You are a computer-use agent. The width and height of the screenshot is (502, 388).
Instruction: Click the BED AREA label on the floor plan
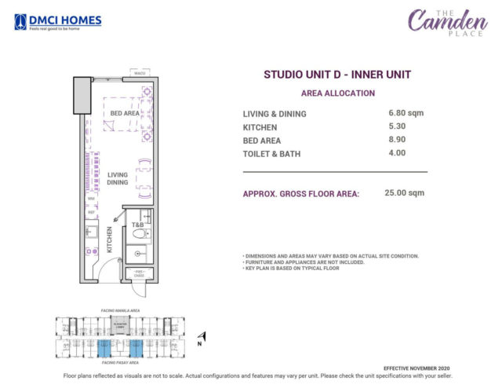click(125, 113)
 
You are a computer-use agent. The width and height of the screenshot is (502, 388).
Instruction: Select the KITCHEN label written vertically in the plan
click(110, 240)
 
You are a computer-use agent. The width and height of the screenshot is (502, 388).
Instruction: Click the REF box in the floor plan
click(91, 212)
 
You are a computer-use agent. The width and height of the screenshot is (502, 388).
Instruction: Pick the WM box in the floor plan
click(91, 199)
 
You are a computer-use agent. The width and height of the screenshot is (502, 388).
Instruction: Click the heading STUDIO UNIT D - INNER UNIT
click(337, 75)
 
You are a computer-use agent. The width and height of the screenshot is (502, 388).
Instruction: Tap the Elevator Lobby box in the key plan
click(120, 324)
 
